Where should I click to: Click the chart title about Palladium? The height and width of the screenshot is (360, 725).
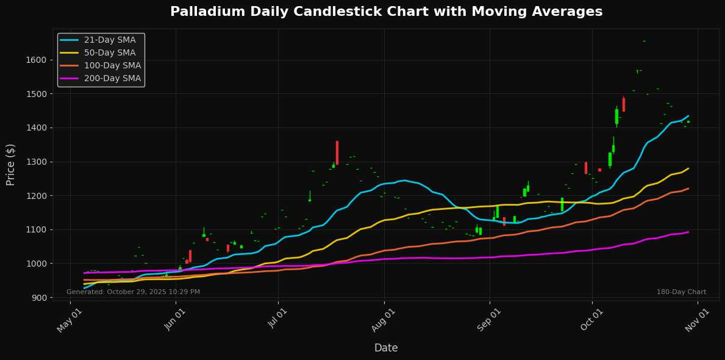(386, 12)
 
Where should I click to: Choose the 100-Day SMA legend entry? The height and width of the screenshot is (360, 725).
(112, 65)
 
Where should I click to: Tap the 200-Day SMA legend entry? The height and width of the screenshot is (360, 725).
(112, 78)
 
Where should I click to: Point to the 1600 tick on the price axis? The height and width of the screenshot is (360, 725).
(37, 60)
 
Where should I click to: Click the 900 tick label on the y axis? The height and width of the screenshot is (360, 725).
(39, 298)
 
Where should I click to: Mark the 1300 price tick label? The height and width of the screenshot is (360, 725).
(37, 162)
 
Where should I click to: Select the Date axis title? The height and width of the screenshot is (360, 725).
(386, 348)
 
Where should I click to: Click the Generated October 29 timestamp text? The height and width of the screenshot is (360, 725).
(133, 292)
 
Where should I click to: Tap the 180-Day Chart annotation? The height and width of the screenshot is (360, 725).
(681, 292)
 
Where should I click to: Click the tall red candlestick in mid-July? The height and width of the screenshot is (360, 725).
(337, 153)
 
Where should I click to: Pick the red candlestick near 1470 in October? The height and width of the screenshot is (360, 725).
(623, 104)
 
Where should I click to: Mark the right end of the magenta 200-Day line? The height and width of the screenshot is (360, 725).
(688, 232)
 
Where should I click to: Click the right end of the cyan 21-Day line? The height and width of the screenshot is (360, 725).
(688, 116)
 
